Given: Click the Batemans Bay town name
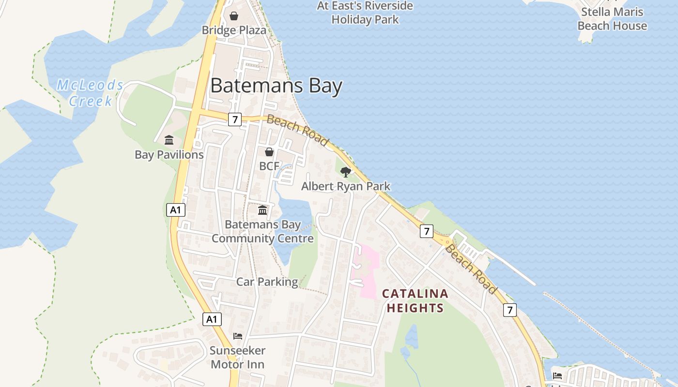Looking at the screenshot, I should [x=276, y=86].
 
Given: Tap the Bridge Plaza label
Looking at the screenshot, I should [x=234, y=30].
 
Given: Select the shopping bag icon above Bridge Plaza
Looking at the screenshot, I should [x=234, y=16].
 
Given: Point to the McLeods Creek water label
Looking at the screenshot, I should [x=91, y=93].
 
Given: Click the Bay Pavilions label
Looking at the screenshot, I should [x=169, y=155].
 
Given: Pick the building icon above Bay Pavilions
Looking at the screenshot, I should [x=169, y=140].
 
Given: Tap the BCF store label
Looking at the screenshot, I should [x=269, y=166].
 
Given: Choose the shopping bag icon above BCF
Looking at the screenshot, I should [x=269, y=152].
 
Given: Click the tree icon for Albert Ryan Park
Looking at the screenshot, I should [x=345, y=172].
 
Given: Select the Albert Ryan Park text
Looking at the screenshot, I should [x=345, y=186].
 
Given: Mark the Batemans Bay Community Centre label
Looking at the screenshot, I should [x=262, y=231].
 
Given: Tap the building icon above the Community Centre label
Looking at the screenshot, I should [x=262, y=210].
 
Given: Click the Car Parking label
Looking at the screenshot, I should [x=267, y=282].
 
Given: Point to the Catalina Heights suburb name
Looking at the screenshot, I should [x=415, y=300].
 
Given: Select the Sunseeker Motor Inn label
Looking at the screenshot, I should [x=237, y=357].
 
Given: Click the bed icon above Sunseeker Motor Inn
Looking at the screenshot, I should [x=237, y=336].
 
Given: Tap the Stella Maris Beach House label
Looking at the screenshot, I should [x=612, y=19].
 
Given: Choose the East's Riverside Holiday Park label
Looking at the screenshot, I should [x=365, y=13].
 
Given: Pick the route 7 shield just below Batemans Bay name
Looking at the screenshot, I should [x=234, y=119].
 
